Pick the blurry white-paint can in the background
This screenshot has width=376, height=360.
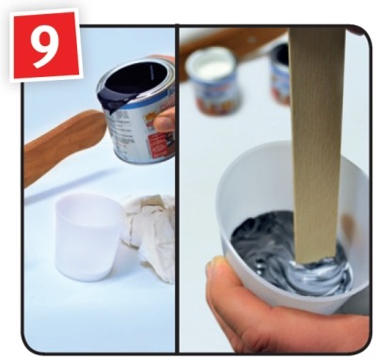pyautogui.click(x=214, y=81)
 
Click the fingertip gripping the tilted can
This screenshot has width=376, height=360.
pyautogui.click(x=164, y=120)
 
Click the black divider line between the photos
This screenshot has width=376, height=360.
pyautogui.click(x=177, y=189)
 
